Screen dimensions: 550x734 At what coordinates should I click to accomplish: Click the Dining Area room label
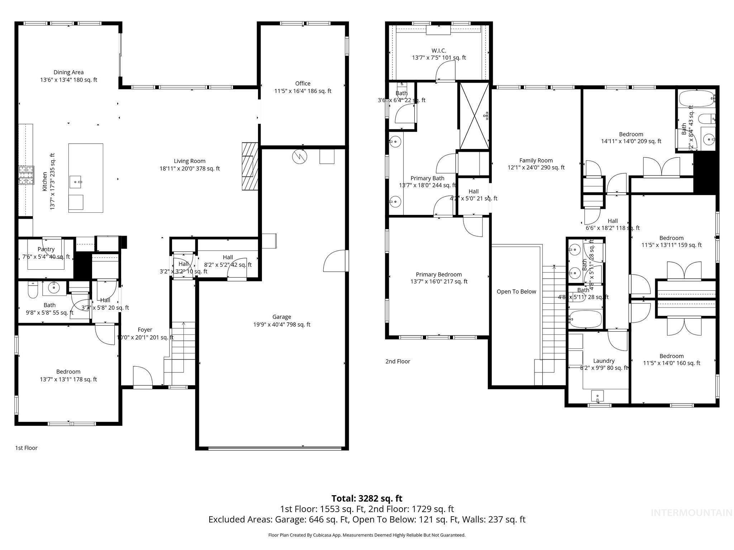point(68,72)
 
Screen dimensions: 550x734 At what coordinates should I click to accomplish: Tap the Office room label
point(303,83)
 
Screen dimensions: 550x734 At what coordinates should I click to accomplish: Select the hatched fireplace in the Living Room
point(250,166)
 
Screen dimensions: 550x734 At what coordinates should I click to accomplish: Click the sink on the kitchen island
point(76,181)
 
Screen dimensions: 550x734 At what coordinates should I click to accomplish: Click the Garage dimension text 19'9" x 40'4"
point(281,325)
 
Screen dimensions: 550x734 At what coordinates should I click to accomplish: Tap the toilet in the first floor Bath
point(33,291)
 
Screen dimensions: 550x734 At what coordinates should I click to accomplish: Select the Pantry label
point(46,249)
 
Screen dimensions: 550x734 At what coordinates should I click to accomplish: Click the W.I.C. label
point(439,50)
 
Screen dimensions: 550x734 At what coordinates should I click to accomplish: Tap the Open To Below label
point(516,291)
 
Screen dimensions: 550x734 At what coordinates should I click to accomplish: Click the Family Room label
point(536,160)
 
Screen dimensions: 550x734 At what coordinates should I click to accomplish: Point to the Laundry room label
point(604,361)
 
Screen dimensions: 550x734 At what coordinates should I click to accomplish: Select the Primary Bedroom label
point(439,275)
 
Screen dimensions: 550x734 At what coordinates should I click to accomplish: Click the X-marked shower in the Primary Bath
point(474,116)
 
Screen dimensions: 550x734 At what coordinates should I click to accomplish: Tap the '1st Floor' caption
point(26,448)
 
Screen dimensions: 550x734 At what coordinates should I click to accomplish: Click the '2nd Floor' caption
point(397,361)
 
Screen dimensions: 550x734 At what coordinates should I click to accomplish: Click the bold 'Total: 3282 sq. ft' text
point(367,498)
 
